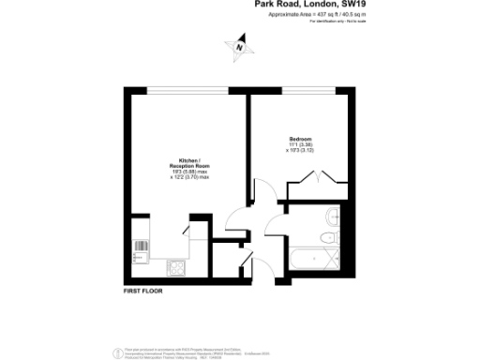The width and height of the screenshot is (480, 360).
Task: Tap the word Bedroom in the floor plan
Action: (x=300, y=140)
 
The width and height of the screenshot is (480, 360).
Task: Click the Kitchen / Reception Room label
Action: (x=188, y=162)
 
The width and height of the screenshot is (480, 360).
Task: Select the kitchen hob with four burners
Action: (x=175, y=267)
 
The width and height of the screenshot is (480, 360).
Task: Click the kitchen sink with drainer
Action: (x=142, y=249)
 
